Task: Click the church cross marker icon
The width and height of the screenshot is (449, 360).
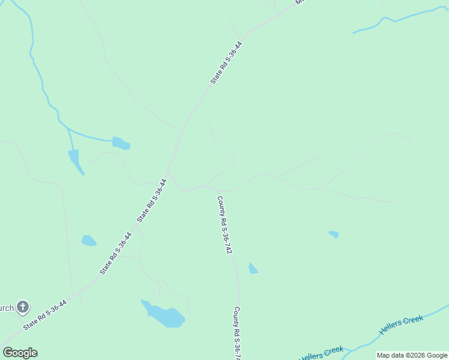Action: tap(22, 308)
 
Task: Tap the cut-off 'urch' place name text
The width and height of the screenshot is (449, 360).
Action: tap(7, 308)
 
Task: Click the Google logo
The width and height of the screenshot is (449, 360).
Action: tap(20, 353)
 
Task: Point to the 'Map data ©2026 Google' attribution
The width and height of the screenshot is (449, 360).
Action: tap(412, 355)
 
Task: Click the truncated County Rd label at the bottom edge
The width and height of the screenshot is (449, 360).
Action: tap(238, 334)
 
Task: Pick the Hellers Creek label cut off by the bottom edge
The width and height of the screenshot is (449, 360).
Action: tap(322, 354)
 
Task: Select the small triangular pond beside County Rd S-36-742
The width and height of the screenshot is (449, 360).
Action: tap(253, 269)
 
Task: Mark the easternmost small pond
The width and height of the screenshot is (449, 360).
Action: tap(334, 234)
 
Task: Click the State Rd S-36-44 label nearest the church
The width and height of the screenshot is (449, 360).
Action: tap(44, 315)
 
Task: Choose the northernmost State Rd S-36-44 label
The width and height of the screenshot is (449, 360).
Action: tap(226, 62)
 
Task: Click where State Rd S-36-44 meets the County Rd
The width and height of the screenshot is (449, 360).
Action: tap(169, 175)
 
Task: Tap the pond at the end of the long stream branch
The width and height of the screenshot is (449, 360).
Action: tap(121, 143)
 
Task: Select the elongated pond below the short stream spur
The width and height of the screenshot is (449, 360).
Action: tap(75, 160)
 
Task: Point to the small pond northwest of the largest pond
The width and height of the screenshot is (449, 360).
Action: tap(88, 241)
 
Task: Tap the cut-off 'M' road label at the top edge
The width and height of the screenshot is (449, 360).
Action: tap(300, 2)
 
